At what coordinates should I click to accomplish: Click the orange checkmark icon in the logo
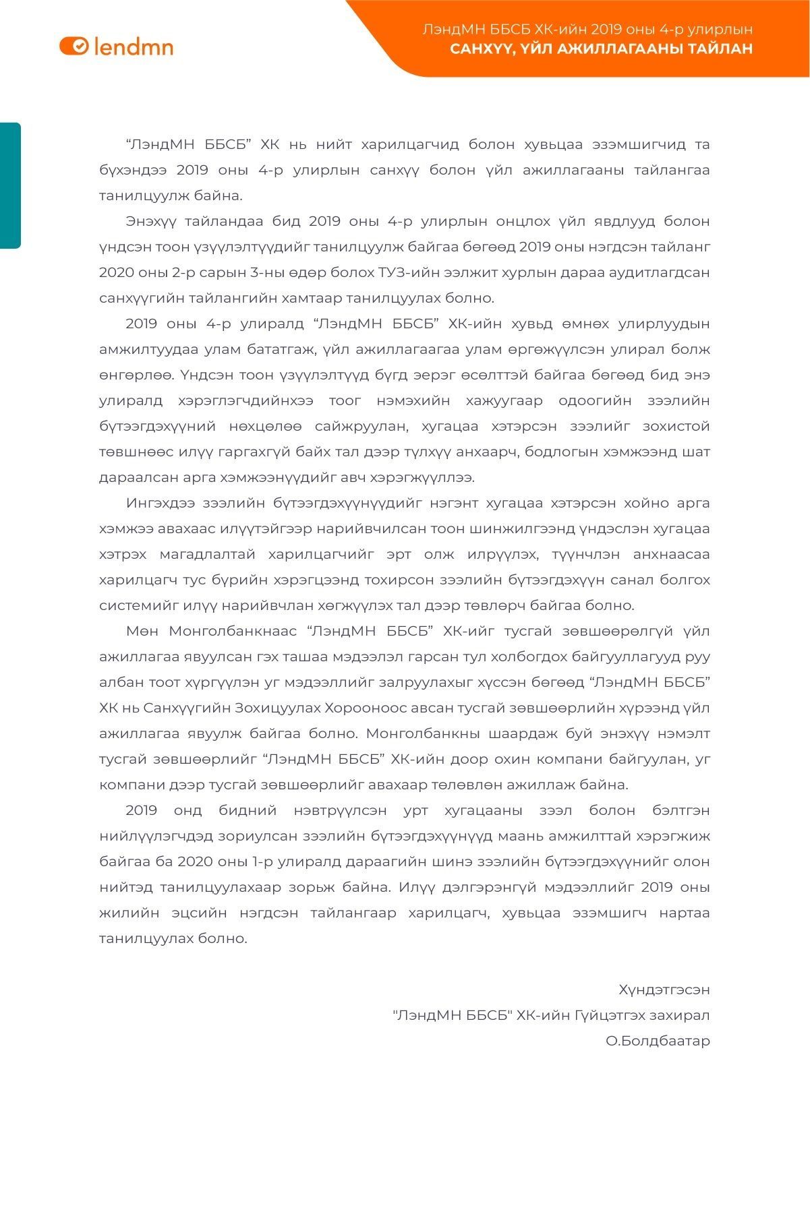click(80, 46)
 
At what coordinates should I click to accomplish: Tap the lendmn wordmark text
click(134, 47)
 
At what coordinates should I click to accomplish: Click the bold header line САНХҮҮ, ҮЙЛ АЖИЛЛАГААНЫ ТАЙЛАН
click(601, 49)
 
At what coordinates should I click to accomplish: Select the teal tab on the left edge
click(10, 185)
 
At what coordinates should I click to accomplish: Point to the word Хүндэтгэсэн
click(664, 990)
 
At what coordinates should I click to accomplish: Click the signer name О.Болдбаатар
click(658, 1041)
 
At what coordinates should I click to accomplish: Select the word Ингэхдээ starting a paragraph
click(158, 503)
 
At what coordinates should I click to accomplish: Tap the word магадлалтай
click(207, 554)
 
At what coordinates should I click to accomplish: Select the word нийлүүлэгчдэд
click(155, 836)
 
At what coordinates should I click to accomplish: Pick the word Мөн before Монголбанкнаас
click(142, 631)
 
